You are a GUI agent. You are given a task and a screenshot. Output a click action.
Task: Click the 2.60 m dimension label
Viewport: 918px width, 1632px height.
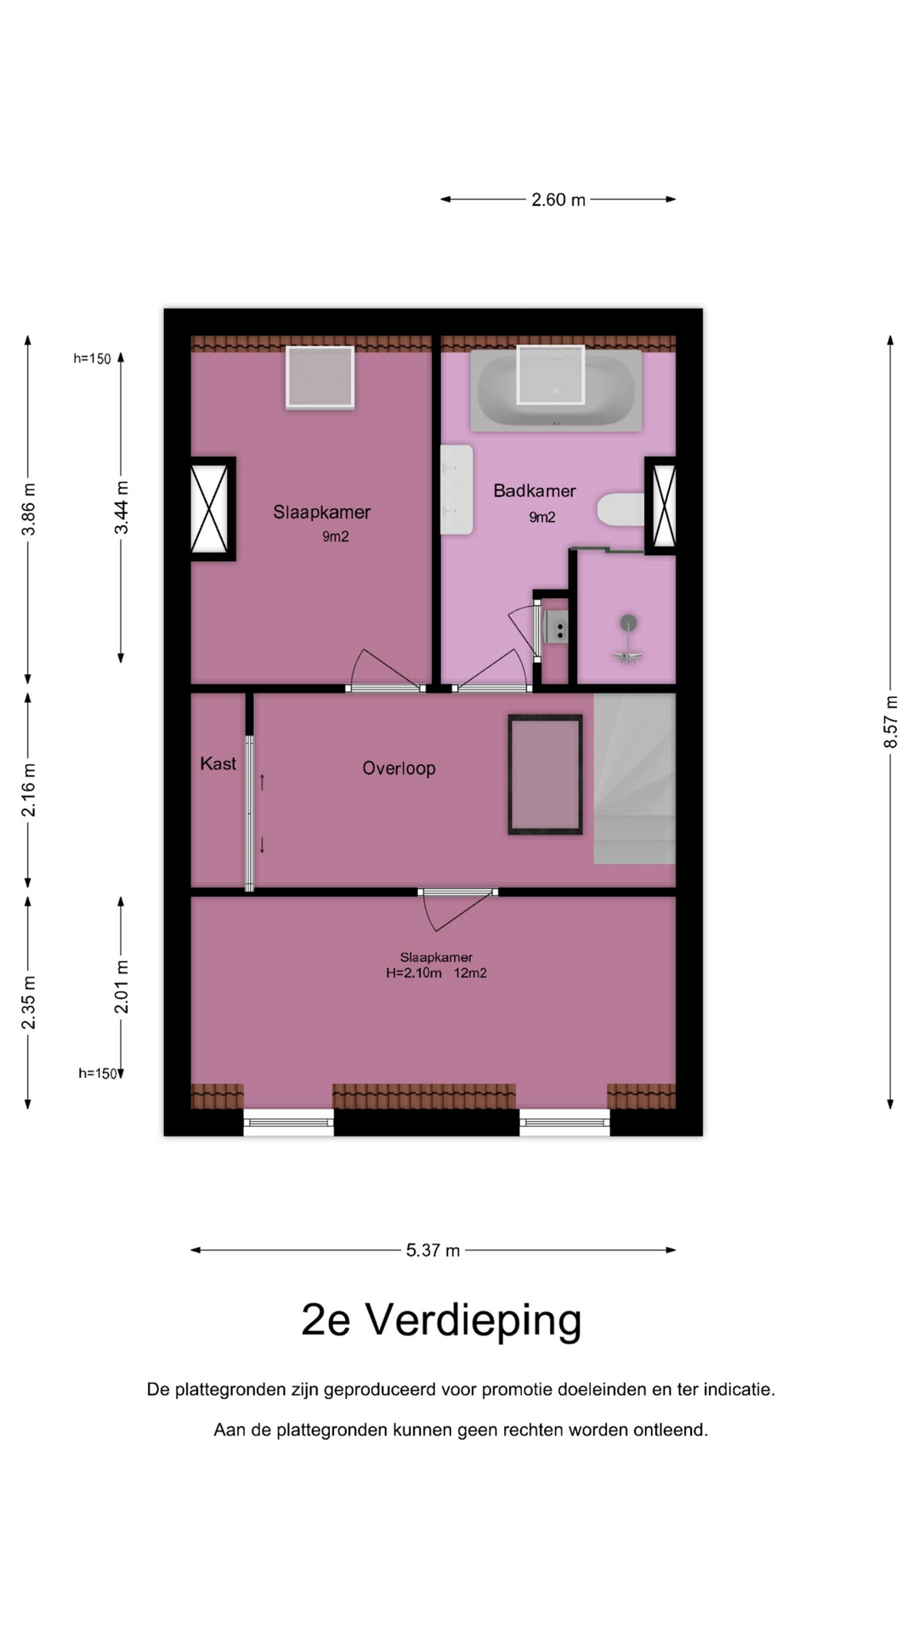point(558,200)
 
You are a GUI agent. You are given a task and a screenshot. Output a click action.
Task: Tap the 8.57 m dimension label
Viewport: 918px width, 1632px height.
point(891,722)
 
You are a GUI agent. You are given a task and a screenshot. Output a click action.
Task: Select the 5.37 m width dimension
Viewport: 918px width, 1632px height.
point(433,1250)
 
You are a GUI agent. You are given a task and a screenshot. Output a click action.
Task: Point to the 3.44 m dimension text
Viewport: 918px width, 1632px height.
point(122,507)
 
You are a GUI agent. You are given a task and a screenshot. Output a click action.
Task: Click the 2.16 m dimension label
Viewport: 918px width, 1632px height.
point(28,790)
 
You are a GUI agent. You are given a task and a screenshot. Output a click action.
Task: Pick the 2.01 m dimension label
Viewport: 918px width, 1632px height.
point(122,986)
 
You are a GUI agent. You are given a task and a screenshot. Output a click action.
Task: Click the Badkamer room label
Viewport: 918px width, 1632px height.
point(535,490)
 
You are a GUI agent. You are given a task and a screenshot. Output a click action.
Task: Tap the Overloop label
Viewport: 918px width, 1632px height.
point(399,768)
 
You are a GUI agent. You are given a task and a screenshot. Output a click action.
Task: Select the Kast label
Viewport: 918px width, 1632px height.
point(218,763)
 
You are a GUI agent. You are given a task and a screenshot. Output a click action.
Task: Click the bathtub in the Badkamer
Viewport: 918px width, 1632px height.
point(557,389)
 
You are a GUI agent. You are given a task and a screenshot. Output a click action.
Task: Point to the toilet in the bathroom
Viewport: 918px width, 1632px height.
point(620,510)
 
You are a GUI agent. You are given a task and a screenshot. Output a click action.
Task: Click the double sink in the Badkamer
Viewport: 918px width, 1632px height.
point(456,490)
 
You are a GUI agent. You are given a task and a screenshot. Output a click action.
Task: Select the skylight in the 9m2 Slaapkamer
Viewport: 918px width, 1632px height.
point(320,377)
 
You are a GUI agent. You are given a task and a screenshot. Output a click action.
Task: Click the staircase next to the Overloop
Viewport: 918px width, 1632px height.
point(634,779)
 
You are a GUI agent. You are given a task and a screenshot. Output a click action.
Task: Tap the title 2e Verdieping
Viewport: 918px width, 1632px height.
point(441,1320)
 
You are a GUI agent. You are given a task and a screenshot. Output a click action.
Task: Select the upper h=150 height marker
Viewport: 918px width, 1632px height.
point(92,359)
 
